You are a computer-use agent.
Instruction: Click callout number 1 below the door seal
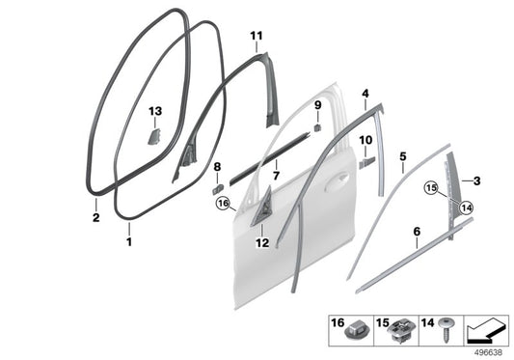(128, 241)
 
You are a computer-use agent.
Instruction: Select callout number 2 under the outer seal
(95, 218)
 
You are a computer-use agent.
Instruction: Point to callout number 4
(365, 94)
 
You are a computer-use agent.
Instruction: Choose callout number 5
(403, 155)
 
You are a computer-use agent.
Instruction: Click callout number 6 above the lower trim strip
(416, 232)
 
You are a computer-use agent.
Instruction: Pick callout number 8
(217, 167)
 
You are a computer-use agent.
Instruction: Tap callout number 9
(316, 104)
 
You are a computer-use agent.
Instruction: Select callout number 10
(365, 140)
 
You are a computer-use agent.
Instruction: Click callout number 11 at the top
(256, 37)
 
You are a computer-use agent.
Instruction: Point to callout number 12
(262, 243)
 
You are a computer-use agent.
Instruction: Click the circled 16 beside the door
(223, 204)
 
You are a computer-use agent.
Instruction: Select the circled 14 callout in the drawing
(467, 206)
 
